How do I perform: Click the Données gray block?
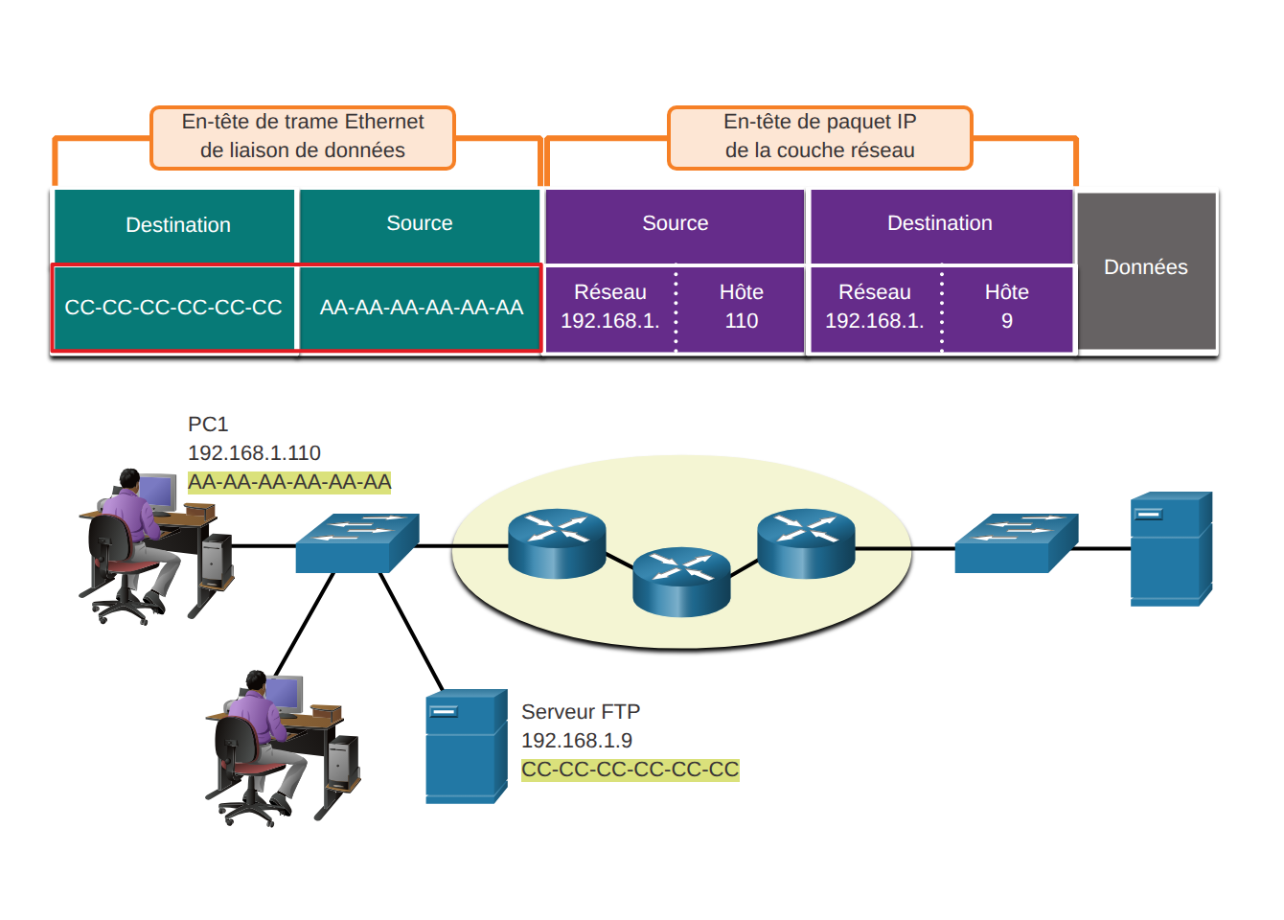tap(1146, 270)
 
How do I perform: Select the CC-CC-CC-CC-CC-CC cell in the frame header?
tap(173, 308)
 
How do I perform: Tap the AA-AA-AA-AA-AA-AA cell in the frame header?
tap(420, 308)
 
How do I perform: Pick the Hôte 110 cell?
tap(741, 308)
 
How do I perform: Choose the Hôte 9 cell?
tap(1006, 308)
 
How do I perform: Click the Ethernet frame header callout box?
tap(303, 138)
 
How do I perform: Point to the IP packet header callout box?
tap(819, 138)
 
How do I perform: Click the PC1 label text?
tap(208, 425)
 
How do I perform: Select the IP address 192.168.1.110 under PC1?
tap(254, 453)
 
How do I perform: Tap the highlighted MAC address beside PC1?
tap(289, 482)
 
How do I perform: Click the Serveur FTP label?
tap(581, 711)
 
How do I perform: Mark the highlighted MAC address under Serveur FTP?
tap(630, 770)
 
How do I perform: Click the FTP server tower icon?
tap(467, 746)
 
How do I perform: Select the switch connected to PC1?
tap(357, 542)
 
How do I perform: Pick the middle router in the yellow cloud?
tap(681, 582)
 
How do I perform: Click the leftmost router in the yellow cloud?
tap(557, 543)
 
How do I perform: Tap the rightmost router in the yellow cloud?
tap(806, 543)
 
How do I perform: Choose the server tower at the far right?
tap(1171, 548)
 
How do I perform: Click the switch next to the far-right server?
tap(1017, 542)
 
